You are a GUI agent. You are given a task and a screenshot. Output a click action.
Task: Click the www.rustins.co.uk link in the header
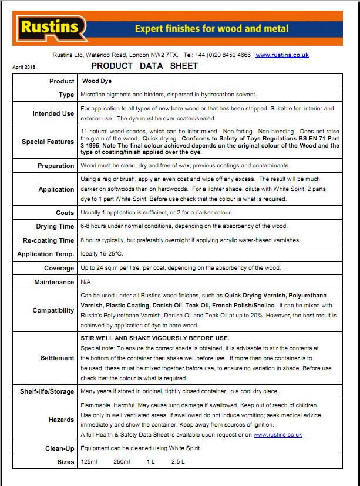point(282,55)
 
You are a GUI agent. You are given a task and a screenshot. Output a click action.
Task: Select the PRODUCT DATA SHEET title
point(145,66)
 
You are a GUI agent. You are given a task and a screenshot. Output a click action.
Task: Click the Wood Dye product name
point(96,81)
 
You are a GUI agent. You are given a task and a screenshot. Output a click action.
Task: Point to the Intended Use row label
point(53,113)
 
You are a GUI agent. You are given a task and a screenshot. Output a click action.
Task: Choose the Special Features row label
point(48,142)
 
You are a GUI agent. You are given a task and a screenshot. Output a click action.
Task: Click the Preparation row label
point(56,166)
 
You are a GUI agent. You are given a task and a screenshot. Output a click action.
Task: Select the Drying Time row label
point(55,226)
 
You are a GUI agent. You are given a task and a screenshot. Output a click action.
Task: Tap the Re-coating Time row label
point(49,240)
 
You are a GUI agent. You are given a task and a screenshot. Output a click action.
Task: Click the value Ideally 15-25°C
point(104,254)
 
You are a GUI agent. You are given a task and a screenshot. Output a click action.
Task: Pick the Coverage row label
point(59,268)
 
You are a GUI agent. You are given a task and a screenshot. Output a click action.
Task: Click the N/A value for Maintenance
point(86,282)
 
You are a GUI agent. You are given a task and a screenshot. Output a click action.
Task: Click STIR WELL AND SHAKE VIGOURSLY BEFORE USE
point(154,338)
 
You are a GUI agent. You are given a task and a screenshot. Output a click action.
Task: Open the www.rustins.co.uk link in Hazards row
point(278,435)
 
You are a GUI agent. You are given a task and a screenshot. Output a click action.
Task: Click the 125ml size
point(89,462)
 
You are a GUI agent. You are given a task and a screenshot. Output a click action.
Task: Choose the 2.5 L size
point(179,462)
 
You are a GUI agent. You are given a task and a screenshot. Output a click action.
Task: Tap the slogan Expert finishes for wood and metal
point(211,28)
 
